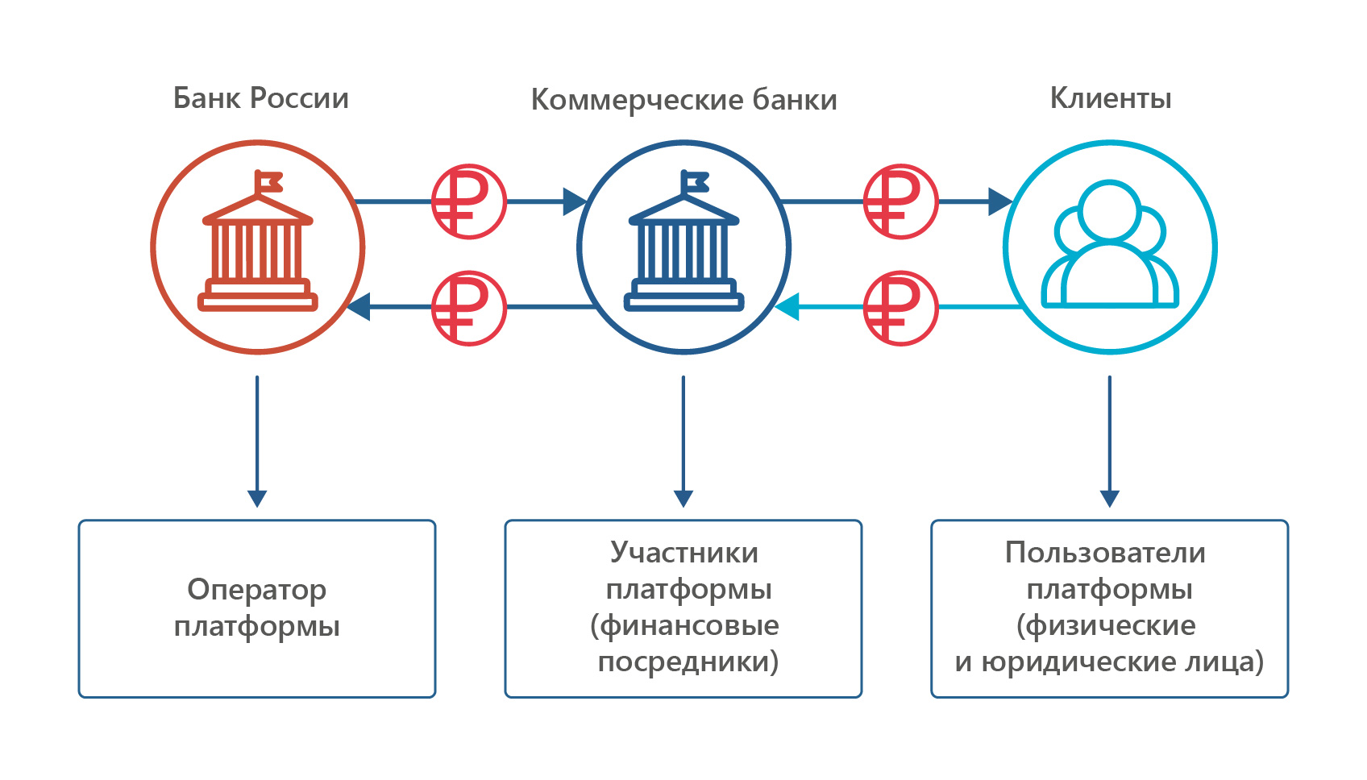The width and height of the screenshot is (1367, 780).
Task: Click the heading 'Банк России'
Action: (260, 97)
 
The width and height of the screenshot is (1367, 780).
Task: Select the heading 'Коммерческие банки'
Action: (683, 99)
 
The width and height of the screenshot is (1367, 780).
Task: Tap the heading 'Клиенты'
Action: (1110, 97)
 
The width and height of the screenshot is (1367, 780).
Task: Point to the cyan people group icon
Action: (1110, 244)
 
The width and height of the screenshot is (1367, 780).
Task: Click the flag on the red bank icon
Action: (268, 181)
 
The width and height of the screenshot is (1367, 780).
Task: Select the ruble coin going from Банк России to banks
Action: (468, 201)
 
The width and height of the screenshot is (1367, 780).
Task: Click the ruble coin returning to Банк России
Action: (468, 309)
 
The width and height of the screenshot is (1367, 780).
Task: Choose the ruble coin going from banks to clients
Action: (901, 201)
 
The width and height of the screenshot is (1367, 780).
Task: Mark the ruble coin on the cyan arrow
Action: (901, 309)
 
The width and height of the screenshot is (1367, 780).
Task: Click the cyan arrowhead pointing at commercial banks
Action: (787, 306)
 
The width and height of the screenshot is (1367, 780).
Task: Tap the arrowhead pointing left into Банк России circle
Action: (358, 306)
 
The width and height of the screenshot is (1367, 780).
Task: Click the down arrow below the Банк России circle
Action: (257, 442)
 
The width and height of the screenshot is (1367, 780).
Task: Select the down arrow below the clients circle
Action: (1109, 442)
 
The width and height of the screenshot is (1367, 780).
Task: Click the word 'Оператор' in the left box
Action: (257, 591)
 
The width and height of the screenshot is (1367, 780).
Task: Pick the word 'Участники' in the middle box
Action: (684, 553)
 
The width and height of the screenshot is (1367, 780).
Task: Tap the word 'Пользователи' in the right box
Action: (1105, 553)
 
